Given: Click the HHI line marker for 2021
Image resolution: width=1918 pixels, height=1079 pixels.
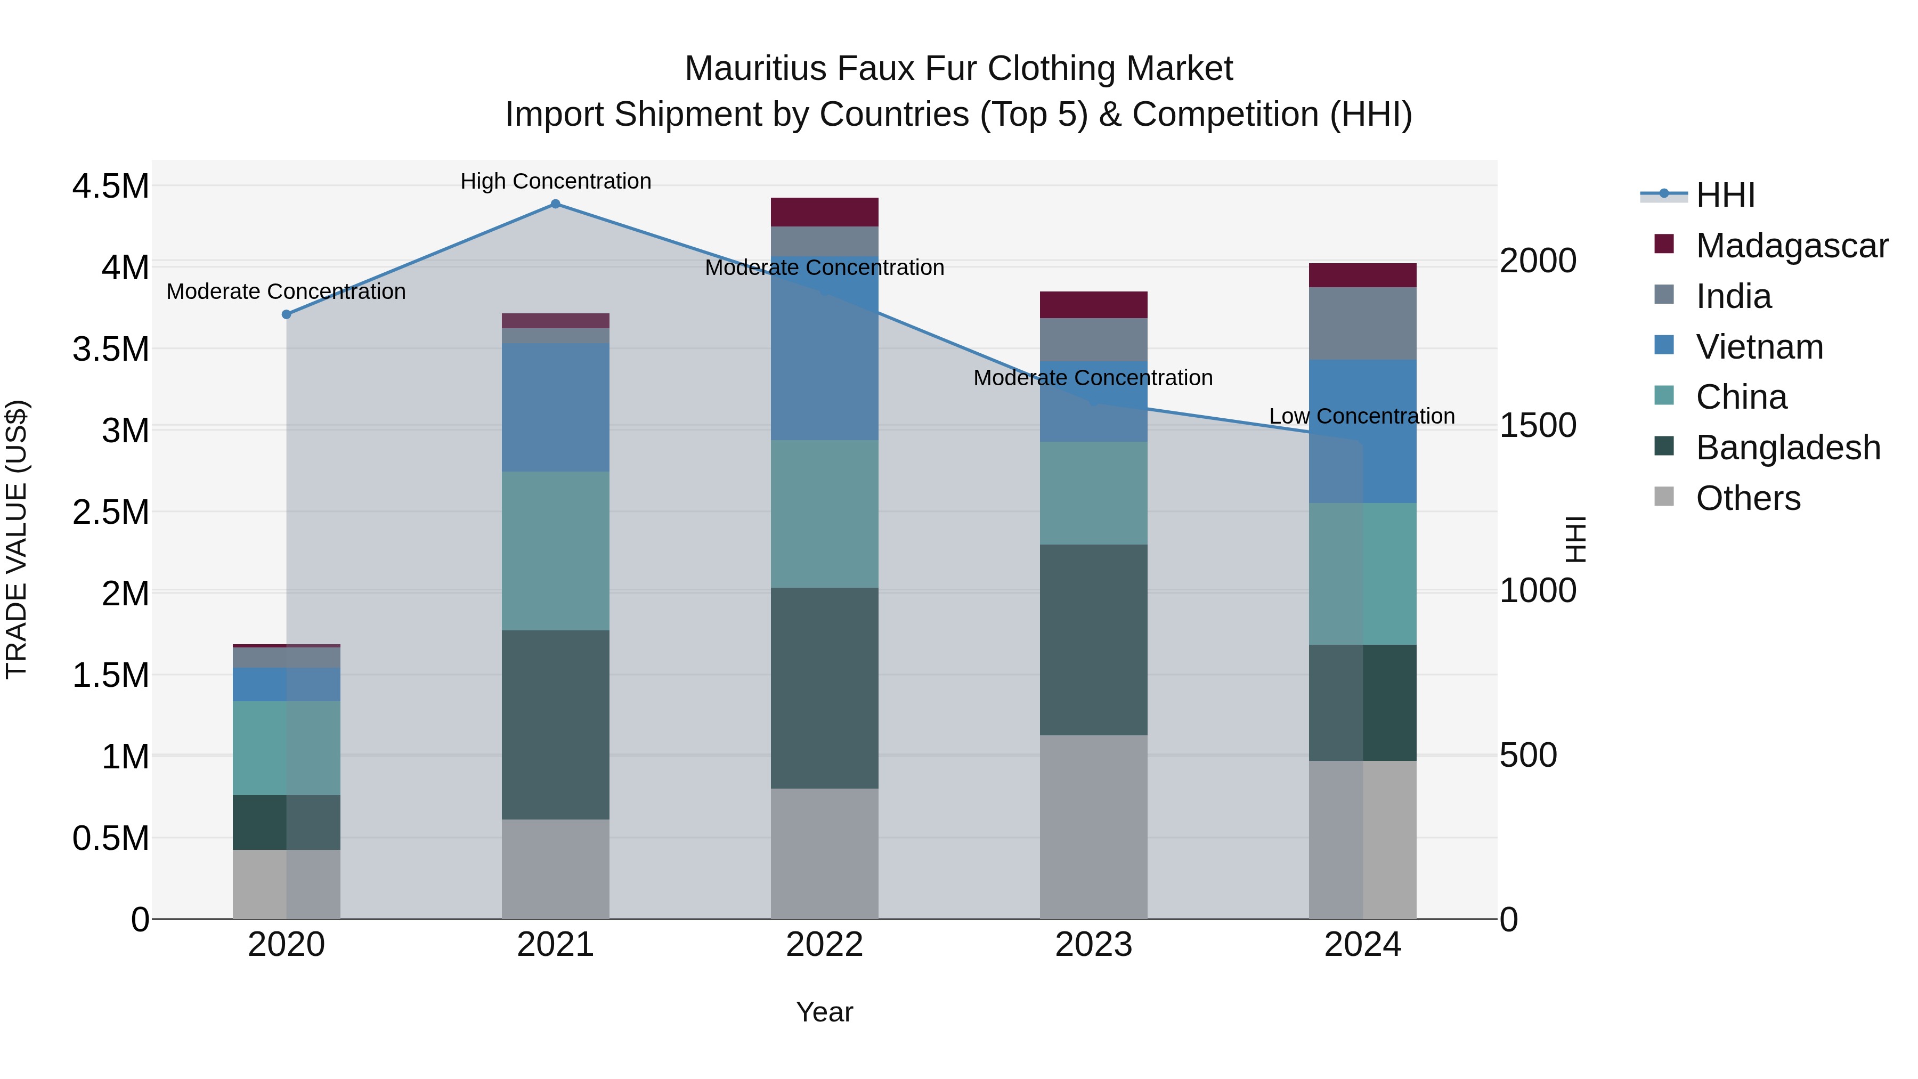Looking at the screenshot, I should click(x=556, y=204).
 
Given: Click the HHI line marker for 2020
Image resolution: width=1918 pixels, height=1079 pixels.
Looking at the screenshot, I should click(x=287, y=314).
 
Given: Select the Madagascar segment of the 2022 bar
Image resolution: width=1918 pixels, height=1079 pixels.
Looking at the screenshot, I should click(x=824, y=212).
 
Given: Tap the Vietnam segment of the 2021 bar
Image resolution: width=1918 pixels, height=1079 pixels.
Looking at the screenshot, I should click(x=556, y=407).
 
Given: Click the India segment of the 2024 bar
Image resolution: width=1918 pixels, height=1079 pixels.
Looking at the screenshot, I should click(x=1362, y=324).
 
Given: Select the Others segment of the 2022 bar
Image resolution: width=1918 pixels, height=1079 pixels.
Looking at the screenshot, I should click(x=824, y=854).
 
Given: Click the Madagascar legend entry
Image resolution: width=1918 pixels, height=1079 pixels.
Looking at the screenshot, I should click(x=1791, y=246).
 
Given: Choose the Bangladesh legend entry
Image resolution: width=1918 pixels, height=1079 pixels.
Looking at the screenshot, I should click(x=1787, y=448).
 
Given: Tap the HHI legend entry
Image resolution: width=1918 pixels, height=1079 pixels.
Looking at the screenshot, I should click(x=1725, y=195).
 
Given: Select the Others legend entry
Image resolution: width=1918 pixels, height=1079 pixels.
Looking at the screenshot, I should click(x=1748, y=498).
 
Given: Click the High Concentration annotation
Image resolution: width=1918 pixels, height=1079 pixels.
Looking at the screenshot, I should click(x=556, y=182).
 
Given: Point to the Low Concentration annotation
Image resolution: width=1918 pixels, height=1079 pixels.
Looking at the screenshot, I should click(x=1362, y=416).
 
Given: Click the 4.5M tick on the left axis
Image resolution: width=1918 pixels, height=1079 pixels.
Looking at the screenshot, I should click(x=111, y=186).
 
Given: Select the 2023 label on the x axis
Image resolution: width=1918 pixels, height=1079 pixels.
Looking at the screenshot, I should click(x=1093, y=945).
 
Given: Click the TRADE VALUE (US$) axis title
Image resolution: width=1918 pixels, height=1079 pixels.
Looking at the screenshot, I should click(x=17, y=539).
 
